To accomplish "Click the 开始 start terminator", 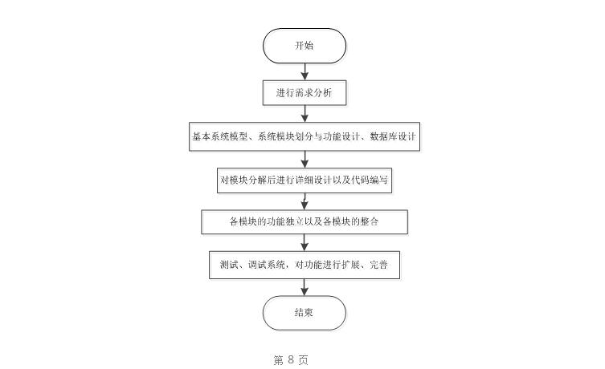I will pyautogui.click(x=304, y=46).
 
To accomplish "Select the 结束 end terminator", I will pyautogui.click(x=304, y=313).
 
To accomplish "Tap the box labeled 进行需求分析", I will pyautogui.click(x=304, y=93).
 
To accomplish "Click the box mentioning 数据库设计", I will pyautogui.click(x=304, y=136).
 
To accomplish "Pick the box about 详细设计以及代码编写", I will pyautogui.click(x=304, y=180).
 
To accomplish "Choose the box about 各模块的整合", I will pyautogui.click(x=304, y=221).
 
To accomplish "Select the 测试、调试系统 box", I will pyautogui.click(x=304, y=265).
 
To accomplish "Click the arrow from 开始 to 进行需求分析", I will pyautogui.click(x=304, y=71).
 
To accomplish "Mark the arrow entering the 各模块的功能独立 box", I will pyautogui.click(x=304, y=201).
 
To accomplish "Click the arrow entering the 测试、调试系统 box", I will pyautogui.click(x=304, y=242).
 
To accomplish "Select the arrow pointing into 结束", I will pyautogui.click(x=304, y=286).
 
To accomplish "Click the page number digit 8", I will pyautogui.click(x=291, y=360).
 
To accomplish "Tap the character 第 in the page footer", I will pyautogui.click(x=279, y=360).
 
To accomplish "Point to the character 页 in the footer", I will pyautogui.click(x=303, y=360).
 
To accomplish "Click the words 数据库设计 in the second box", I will pyautogui.click(x=392, y=136).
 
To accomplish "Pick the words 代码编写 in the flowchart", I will pyautogui.click(x=371, y=180).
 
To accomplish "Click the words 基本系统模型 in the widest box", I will pyautogui.click(x=219, y=136).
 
